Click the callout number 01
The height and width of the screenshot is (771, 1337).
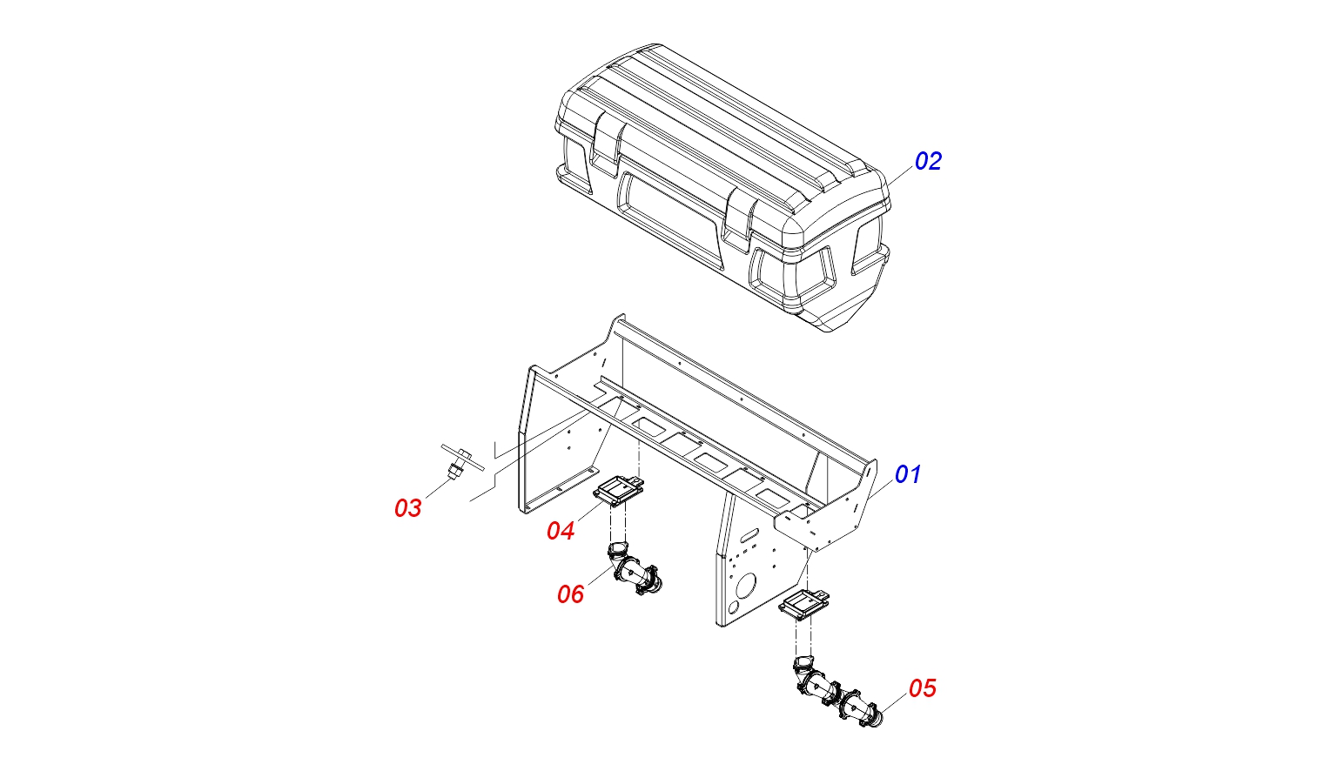click(907, 474)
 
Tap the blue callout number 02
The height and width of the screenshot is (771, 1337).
click(928, 161)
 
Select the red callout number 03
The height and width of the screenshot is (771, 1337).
click(408, 508)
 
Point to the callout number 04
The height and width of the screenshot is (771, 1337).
click(561, 531)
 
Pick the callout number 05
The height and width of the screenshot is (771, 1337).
click(922, 688)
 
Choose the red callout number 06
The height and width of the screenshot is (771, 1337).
click(570, 594)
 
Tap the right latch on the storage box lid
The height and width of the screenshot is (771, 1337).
click(740, 218)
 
